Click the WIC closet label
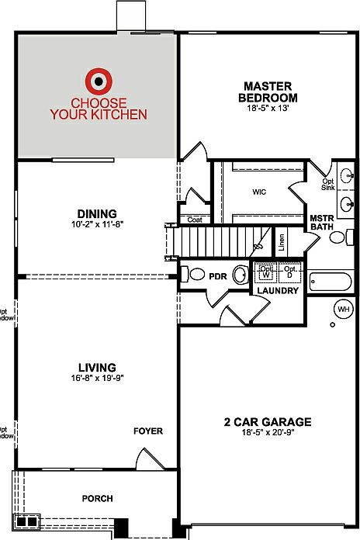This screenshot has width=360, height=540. coord(259,191)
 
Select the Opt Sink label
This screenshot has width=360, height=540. coord(329,184)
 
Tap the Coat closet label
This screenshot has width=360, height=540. coord(194,220)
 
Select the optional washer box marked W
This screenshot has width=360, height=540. coord(267,273)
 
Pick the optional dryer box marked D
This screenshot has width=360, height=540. coord(290,273)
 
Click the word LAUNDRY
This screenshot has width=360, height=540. coord(279,291)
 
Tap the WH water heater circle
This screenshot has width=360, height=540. coord(343,310)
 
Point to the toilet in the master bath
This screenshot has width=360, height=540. coord(338,237)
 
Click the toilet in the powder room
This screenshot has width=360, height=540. coord(196,274)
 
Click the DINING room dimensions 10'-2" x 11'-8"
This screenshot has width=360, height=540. coord(97,224)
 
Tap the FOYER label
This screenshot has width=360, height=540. coord(148,431)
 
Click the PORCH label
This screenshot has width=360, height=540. coord(98,498)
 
